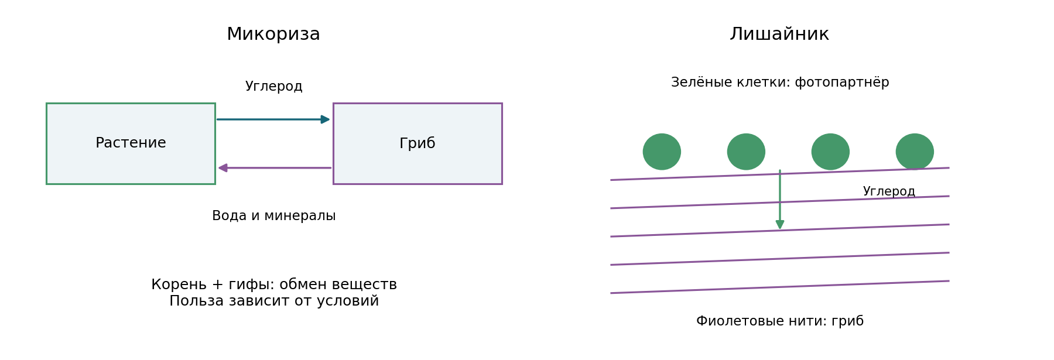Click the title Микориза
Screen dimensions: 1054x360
click(x=273, y=35)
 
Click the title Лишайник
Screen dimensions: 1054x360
click(x=779, y=35)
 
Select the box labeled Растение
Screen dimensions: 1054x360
click(x=131, y=143)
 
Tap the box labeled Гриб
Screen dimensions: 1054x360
click(x=418, y=143)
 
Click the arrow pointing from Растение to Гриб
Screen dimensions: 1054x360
click(x=273, y=119)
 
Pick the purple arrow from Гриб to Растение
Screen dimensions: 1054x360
click(x=275, y=168)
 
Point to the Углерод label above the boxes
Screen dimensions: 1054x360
click(x=273, y=87)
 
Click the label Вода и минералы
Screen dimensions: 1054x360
click(x=273, y=216)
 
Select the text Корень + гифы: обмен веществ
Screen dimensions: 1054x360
click(x=274, y=284)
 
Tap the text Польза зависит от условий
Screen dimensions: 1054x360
click(x=274, y=301)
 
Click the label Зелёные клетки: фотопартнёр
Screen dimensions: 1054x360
click(x=780, y=83)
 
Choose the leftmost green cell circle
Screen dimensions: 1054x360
click(x=662, y=152)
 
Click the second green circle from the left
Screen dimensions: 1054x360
click(x=746, y=152)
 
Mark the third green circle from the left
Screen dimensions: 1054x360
click(x=830, y=152)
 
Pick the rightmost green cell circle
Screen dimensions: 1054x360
click(x=915, y=152)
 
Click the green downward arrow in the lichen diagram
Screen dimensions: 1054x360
click(x=780, y=199)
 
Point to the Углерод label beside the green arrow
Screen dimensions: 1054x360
click(x=889, y=191)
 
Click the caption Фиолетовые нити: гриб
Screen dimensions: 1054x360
click(x=780, y=321)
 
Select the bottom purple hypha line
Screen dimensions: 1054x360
click(x=780, y=287)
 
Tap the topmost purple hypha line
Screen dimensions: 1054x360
click(x=780, y=174)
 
